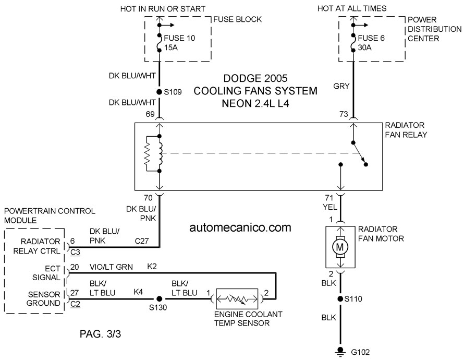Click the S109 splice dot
(159, 92)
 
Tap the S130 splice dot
(159, 299)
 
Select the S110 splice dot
(340, 299)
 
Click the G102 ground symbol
(340, 352)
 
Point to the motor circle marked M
(340, 247)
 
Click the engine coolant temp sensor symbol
(237, 299)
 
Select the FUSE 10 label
(179, 38)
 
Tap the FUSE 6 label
(371, 38)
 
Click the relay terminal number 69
(150, 114)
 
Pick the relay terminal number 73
(344, 114)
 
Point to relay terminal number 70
(148, 198)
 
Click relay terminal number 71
(329, 198)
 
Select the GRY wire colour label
(341, 86)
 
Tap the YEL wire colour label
(330, 207)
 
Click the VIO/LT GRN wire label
(111, 267)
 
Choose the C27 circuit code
(142, 241)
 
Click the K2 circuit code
(152, 267)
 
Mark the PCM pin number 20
(75, 267)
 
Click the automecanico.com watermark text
(240, 227)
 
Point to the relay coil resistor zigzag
(148, 153)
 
